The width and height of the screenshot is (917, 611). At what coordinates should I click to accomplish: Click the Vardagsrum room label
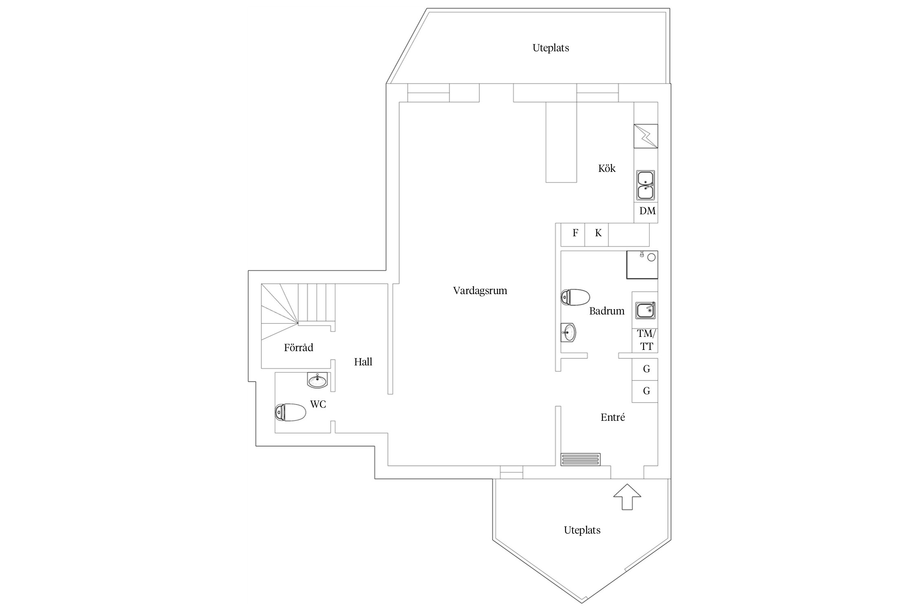coord(480,291)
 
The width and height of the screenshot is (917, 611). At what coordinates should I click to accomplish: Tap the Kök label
coord(607,168)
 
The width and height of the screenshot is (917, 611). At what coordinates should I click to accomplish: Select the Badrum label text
coord(607,311)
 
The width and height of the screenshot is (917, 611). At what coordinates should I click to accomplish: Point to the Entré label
coord(613,417)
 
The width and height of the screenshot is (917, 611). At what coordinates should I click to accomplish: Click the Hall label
coord(363,362)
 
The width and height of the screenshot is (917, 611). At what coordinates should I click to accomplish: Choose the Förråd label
coord(299,347)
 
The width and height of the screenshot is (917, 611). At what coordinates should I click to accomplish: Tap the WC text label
coord(318,404)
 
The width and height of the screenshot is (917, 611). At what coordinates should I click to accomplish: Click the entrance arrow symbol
coord(627,497)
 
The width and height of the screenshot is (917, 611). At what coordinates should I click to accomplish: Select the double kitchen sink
coord(646,185)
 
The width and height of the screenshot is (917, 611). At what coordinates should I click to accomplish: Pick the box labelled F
coord(573,235)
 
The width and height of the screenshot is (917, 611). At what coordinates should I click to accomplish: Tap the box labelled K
coord(597,235)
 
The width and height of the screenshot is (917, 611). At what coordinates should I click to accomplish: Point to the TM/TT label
coord(647,340)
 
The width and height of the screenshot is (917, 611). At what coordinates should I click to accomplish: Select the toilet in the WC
coord(291,412)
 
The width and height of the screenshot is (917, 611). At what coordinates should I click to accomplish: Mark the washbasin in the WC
coord(317,380)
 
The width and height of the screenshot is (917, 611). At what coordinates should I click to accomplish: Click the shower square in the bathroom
coord(642,265)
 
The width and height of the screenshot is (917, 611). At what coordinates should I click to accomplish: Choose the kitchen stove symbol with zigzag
coord(646,136)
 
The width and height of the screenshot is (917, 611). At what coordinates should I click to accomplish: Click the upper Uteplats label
coord(551,48)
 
